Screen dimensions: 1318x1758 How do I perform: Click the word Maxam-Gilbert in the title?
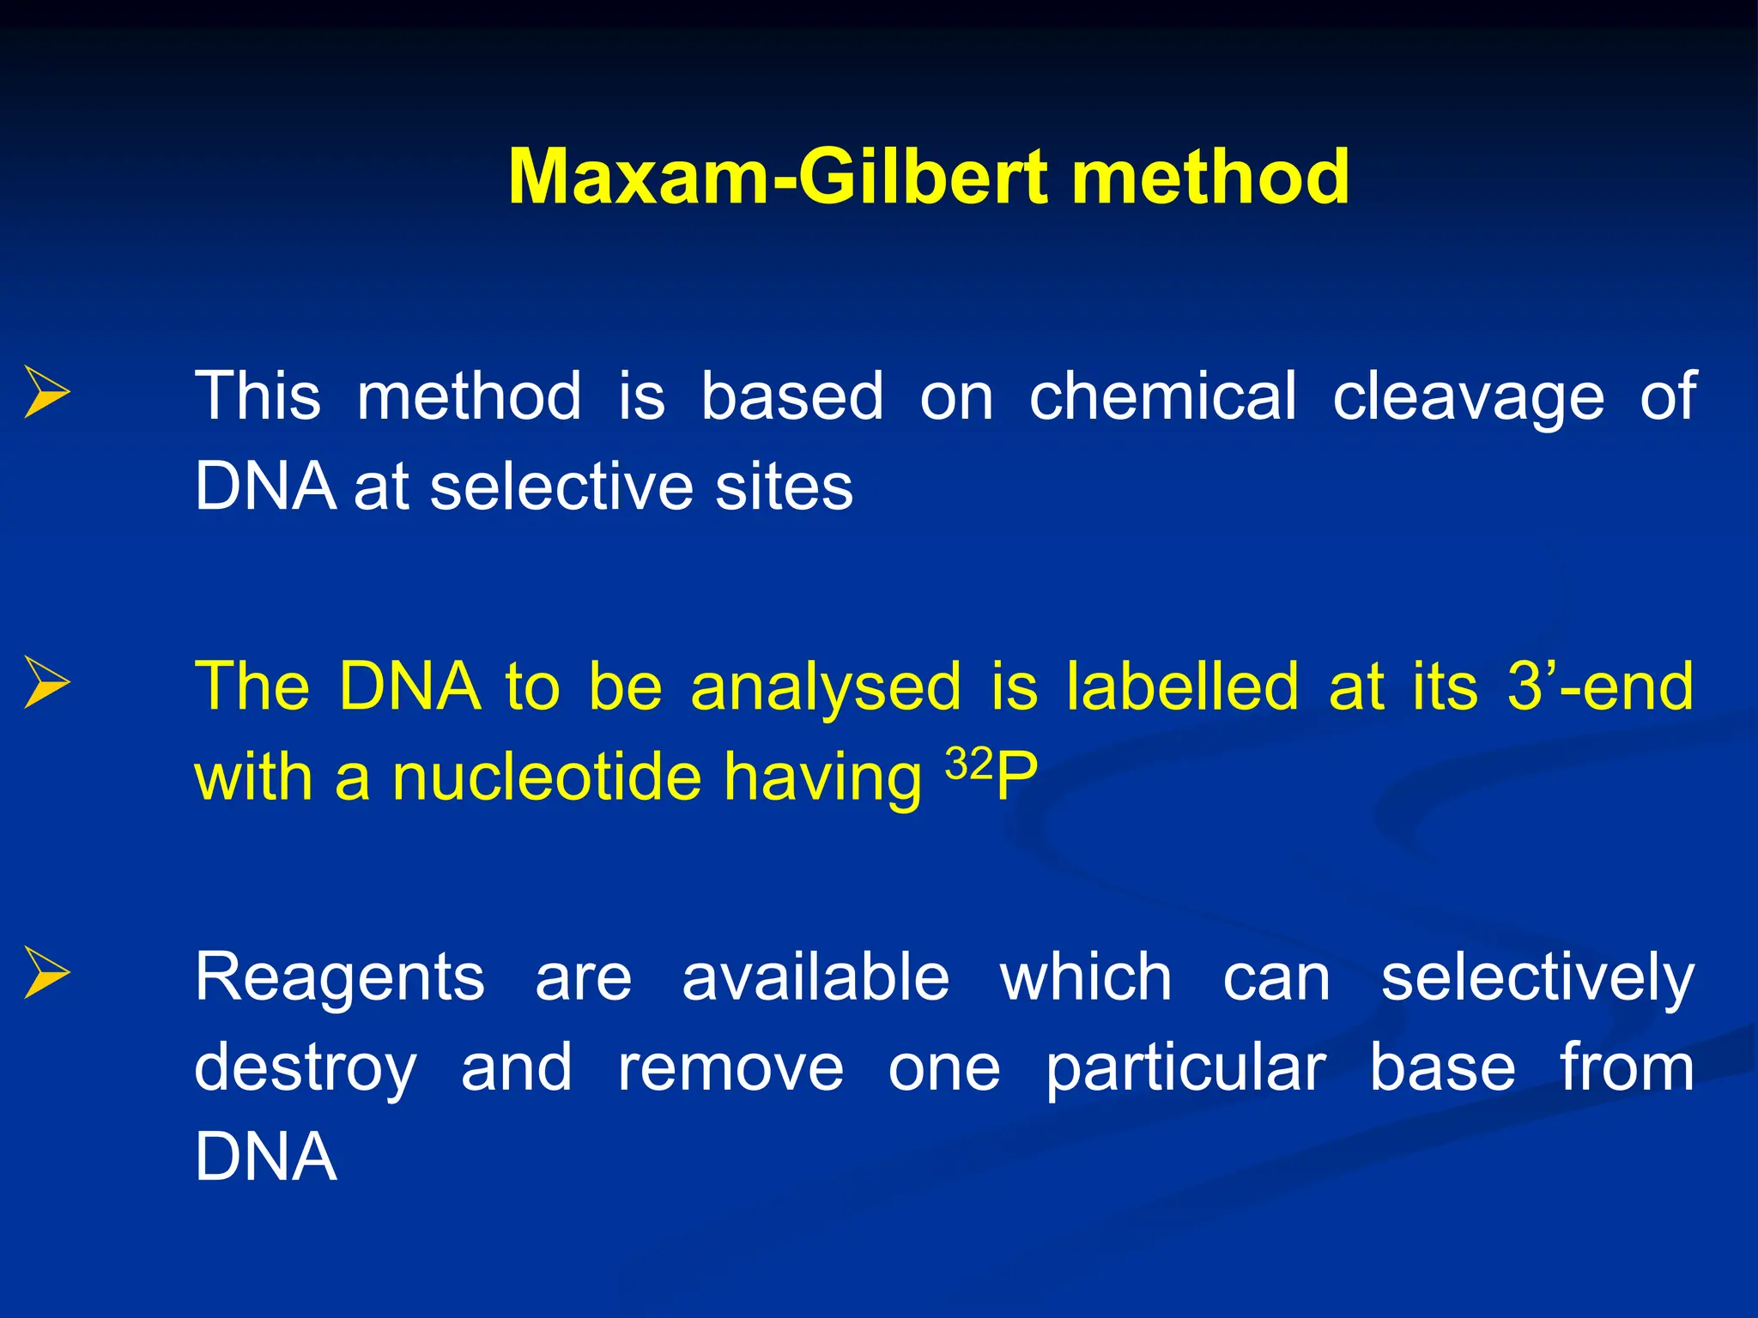pyautogui.click(x=777, y=177)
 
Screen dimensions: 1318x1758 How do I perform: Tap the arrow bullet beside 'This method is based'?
pyautogui.click(x=46, y=392)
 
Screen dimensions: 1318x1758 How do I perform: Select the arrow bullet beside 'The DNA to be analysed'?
pyautogui.click(x=46, y=682)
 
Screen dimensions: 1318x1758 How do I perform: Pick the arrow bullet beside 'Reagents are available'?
pyautogui.click(x=46, y=972)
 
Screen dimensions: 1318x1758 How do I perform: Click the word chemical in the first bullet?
pyautogui.click(x=1163, y=396)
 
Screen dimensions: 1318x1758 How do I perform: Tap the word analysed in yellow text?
pyautogui.click(x=826, y=688)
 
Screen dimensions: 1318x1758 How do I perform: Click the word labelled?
pyautogui.click(x=1182, y=686)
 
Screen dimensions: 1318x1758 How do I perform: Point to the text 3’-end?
pyautogui.click(x=1600, y=686)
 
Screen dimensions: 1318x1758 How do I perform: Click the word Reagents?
pyautogui.click(x=340, y=978)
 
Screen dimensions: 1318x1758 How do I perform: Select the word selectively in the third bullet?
pyautogui.click(x=1537, y=978)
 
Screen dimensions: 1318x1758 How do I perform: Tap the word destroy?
pyautogui.click(x=306, y=1069)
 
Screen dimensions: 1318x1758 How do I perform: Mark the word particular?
pyautogui.click(x=1186, y=1069)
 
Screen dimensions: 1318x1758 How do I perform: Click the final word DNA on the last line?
pyautogui.click(x=265, y=1158)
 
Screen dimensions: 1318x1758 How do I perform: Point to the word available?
pyautogui.click(x=815, y=976)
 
